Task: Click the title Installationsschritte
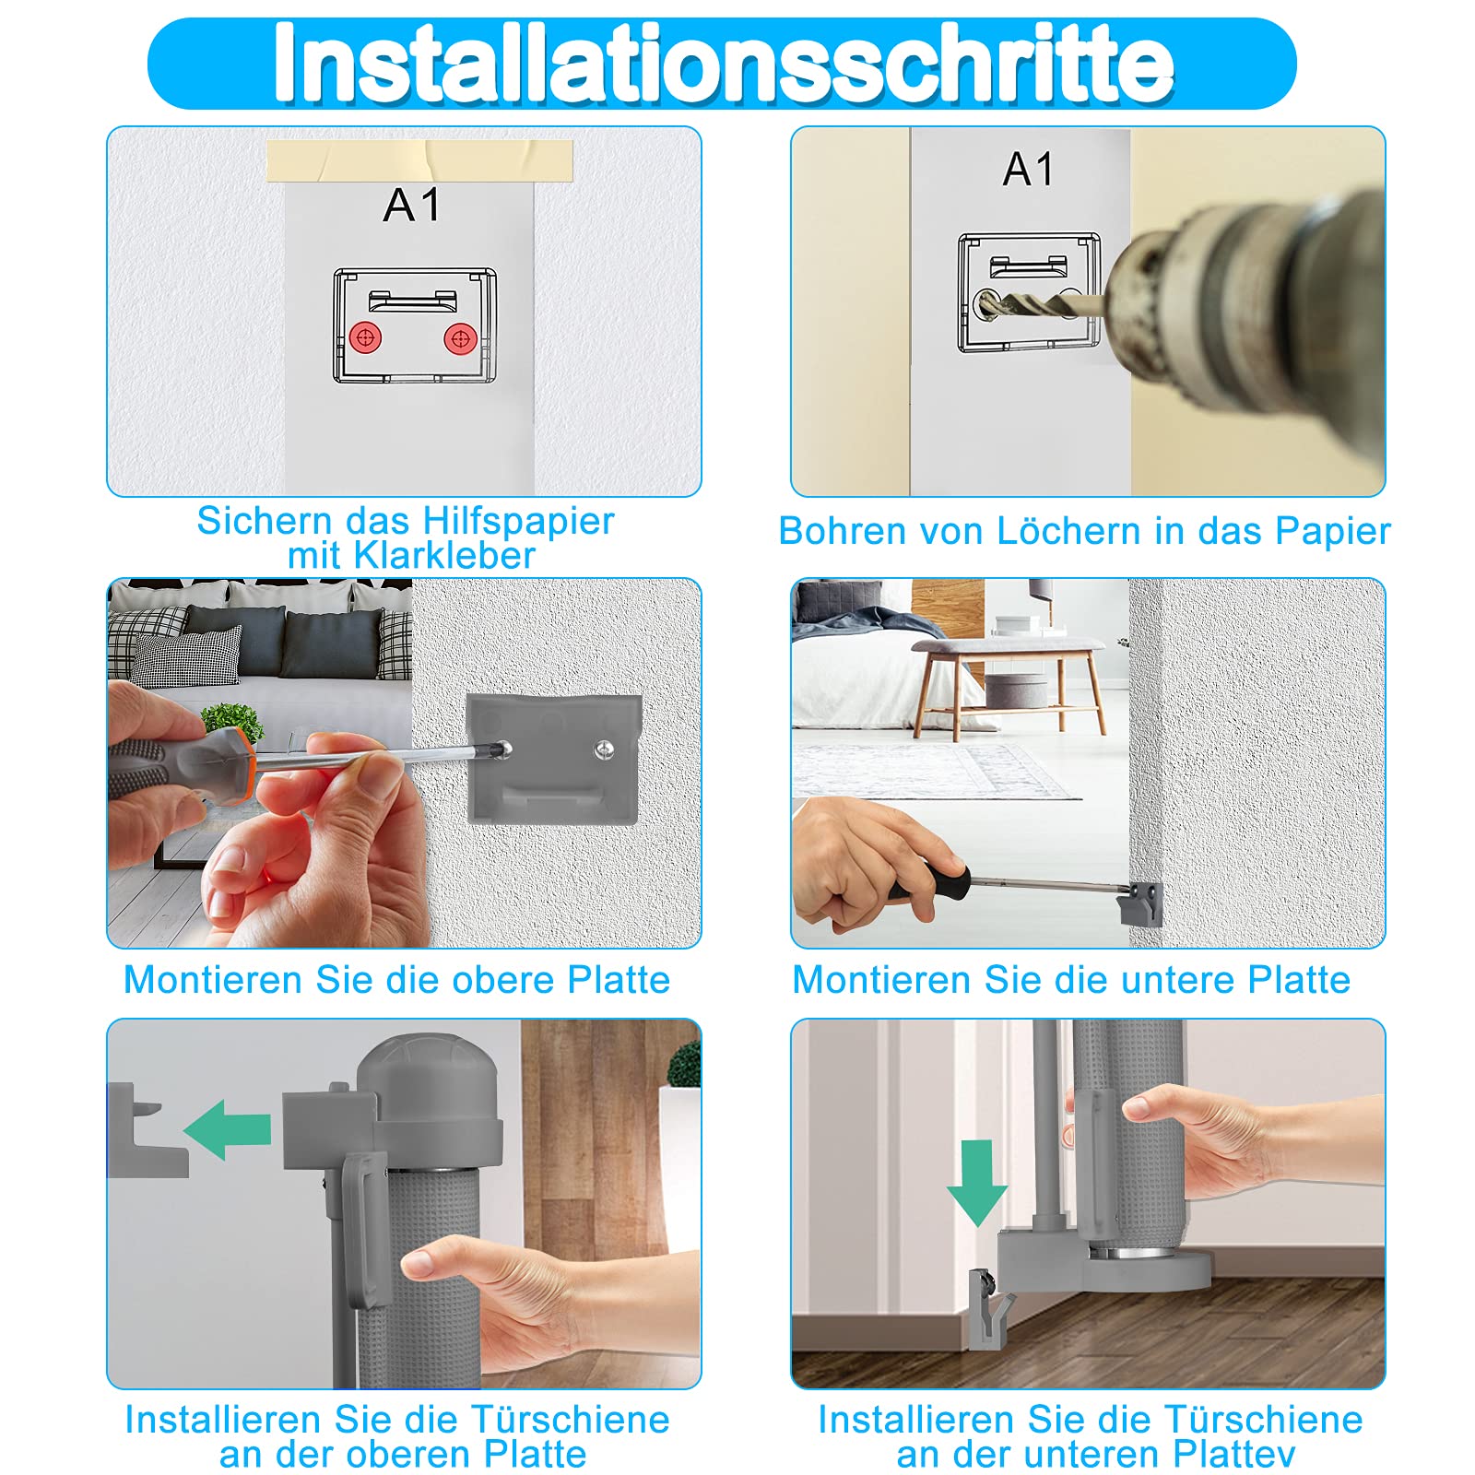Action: tap(724, 63)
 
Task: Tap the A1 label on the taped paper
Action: tap(411, 205)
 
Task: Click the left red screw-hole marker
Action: tap(366, 337)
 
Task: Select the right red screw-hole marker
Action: tap(460, 338)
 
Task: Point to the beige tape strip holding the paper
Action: tap(419, 161)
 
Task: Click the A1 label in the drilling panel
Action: tap(1028, 169)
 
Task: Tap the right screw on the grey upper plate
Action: tap(605, 748)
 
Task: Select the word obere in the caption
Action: tap(505, 980)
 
